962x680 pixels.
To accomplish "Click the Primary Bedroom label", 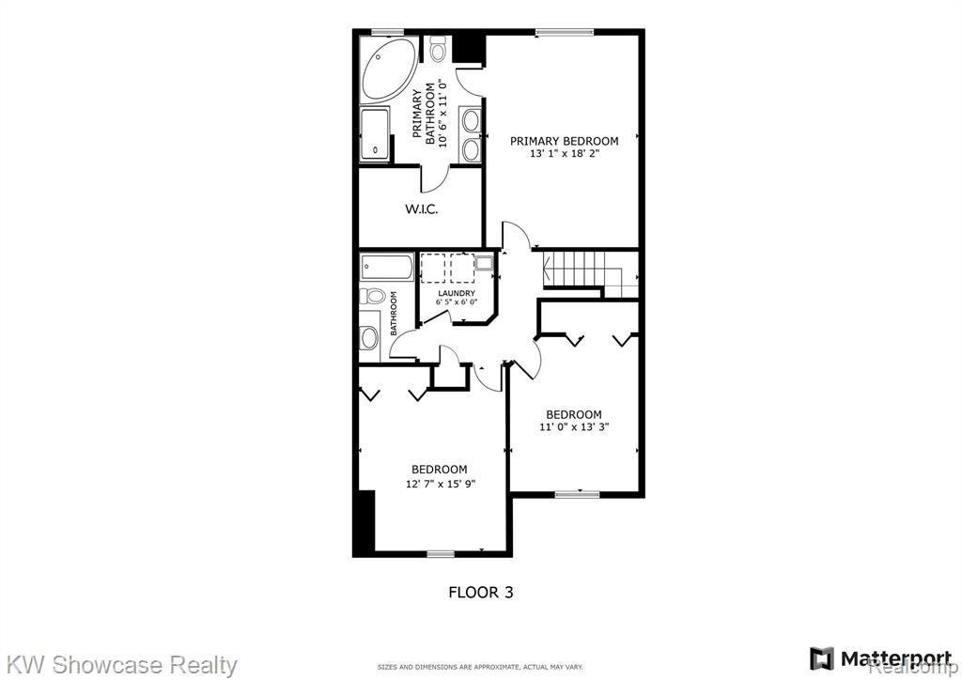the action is click(564, 141).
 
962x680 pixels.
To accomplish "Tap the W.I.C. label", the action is click(421, 209).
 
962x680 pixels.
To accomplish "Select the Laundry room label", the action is click(456, 293).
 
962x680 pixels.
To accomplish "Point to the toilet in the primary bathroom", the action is click(438, 49).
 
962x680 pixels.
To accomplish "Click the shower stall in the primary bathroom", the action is click(374, 134).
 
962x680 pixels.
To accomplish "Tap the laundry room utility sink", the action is click(484, 264).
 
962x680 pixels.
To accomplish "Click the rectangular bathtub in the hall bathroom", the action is click(386, 268).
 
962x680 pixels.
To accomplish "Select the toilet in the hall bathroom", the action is click(372, 297).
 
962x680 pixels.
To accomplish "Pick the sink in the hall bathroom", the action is click(368, 337).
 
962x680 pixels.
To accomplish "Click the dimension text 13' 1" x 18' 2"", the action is click(564, 154).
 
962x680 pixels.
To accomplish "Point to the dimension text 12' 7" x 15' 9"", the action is click(441, 483).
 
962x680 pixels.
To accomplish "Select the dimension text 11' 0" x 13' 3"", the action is click(574, 427).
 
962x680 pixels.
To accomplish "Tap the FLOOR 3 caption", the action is click(481, 593).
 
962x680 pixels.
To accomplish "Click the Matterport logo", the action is click(873, 658).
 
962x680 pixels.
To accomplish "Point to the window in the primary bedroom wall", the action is click(565, 33).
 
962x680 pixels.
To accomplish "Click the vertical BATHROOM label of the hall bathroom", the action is click(394, 313).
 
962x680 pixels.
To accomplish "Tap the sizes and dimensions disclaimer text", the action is click(480, 667).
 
